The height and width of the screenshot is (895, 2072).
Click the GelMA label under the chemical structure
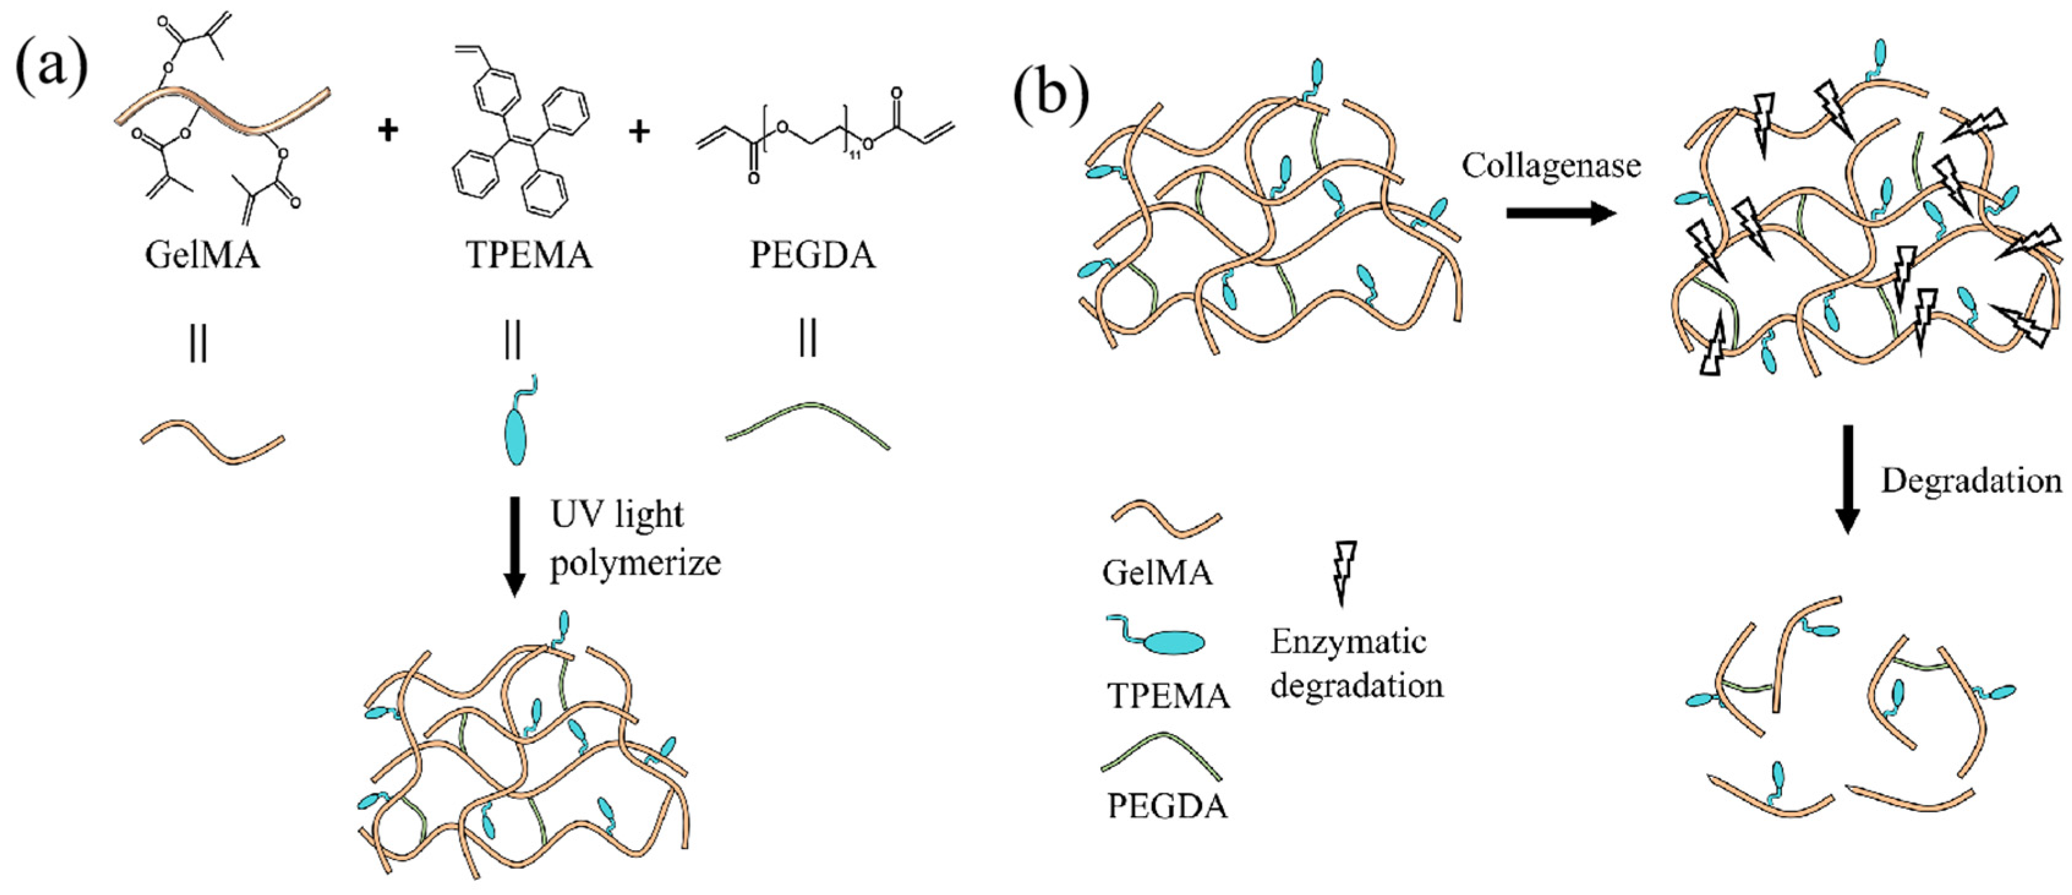[202, 255]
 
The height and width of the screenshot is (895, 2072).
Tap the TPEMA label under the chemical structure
[529, 255]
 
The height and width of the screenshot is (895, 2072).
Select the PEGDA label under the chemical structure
[812, 255]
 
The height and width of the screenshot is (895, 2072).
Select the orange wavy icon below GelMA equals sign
[212, 443]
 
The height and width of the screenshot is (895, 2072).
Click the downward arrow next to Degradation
[1847, 479]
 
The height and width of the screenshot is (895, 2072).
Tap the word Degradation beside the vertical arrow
[1970, 481]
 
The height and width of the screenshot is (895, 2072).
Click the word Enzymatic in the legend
[1348, 642]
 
